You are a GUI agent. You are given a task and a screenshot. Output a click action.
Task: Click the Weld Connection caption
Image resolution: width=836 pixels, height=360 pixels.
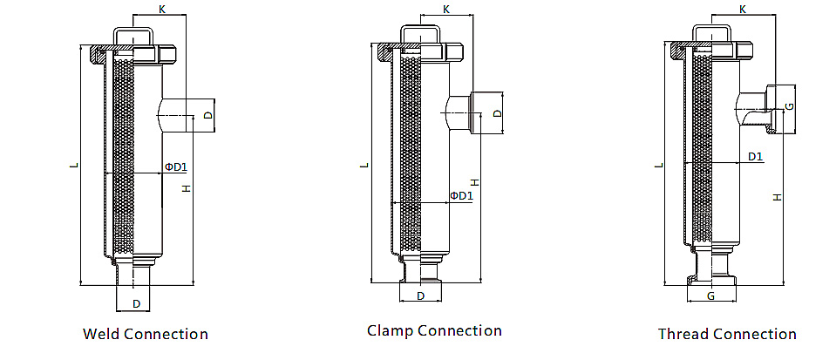click(x=145, y=334)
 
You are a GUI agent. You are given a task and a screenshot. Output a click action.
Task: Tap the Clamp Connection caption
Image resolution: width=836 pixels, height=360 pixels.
click(x=434, y=330)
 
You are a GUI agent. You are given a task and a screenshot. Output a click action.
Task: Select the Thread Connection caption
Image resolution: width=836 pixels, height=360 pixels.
click(x=727, y=334)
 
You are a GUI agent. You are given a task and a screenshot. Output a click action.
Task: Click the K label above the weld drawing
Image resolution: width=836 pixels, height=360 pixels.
click(x=162, y=9)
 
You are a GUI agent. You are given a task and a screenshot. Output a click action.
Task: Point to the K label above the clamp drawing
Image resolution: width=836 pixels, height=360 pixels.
click(x=446, y=10)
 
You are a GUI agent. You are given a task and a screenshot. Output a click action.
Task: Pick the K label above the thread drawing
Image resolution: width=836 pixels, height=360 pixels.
click(x=742, y=9)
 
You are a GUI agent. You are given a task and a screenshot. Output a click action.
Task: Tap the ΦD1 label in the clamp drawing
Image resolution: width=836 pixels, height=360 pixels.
click(x=461, y=195)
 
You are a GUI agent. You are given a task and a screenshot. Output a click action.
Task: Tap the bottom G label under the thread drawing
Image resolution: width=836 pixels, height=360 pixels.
click(x=711, y=296)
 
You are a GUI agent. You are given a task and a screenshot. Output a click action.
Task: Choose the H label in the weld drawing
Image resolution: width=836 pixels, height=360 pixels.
click(x=186, y=188)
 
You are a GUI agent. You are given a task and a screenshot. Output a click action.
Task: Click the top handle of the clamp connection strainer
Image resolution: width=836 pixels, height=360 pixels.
click(x=419, y=35)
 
